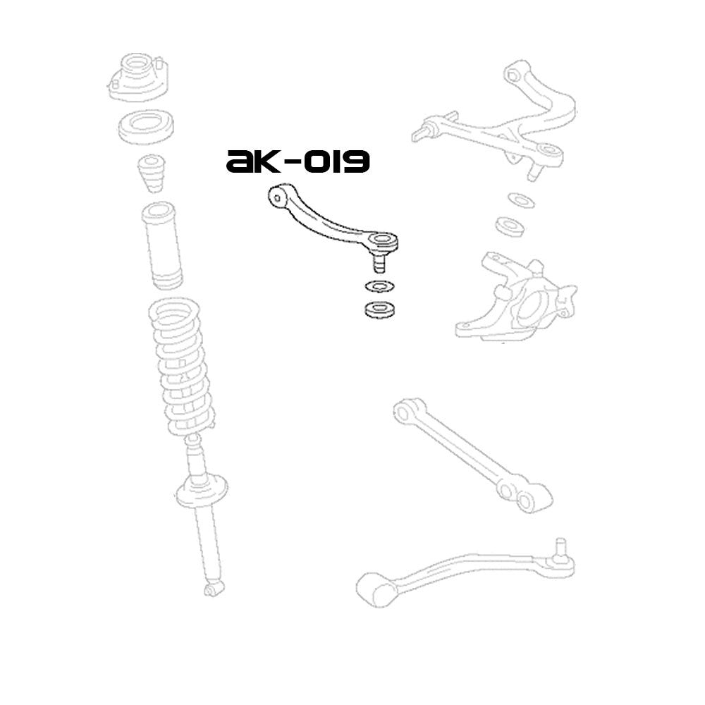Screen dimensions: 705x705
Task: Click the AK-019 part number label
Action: (298, 162)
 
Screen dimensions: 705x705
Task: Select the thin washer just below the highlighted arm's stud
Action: (379, 287)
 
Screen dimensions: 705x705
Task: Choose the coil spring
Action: (181, 367)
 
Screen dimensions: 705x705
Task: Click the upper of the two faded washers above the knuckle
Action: (520, 200)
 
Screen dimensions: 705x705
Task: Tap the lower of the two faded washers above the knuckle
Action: (509, 226)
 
